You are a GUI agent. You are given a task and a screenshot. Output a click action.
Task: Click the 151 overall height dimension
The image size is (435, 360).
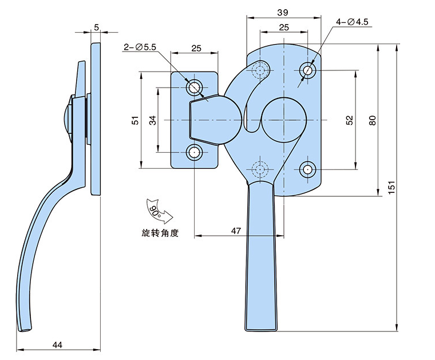point(391,188)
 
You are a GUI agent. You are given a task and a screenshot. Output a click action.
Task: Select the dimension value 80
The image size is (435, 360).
point(373,120)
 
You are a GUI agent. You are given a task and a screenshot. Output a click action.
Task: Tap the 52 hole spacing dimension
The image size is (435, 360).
point(350,120)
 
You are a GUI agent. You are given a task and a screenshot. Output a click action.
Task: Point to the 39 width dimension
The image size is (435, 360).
point(282,12)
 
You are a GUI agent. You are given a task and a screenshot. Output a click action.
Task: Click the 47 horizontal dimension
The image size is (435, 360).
point(235,230)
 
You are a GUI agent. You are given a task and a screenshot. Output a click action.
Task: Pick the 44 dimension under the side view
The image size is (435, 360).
point(57,345)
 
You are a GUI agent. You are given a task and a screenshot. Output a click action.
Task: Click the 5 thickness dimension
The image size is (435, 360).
point(96,26)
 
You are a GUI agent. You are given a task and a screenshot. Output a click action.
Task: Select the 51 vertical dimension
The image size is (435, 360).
point(135,120)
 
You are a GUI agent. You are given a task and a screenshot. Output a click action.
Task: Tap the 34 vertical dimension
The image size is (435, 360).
point(153,120)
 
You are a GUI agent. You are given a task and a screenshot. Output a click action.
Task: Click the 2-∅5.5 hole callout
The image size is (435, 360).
point(140,48)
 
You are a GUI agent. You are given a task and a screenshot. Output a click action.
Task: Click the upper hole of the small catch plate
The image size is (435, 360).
point(195,88)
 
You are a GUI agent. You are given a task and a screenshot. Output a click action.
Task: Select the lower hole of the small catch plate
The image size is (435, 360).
point(195,153)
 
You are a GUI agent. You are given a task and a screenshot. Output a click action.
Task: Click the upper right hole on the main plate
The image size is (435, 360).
point(309,70)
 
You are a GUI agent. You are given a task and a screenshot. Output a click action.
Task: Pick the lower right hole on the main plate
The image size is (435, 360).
point(309,169)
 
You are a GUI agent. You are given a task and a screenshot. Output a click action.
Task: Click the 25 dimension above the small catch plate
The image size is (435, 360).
point(196,49)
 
